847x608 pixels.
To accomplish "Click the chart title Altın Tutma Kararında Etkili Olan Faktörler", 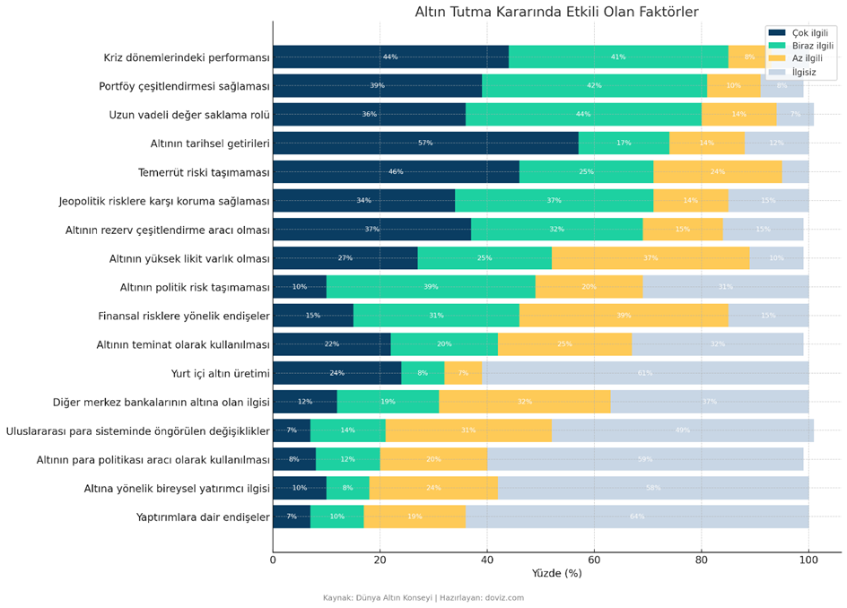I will pyautogui.click(x=556, y=12).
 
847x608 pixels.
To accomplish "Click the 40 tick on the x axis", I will pyautogui.click(x=487, y=560).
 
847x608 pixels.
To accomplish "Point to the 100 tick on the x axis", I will pyautogui.click(x=808, y=560).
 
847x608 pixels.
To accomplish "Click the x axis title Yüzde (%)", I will pyautogui.click(x=556, y=574).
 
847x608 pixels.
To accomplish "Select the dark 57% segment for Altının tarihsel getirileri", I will pyautogui.click(x=425, y=143).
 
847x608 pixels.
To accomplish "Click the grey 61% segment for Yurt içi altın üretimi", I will pyautogui.click(x=645, y=373).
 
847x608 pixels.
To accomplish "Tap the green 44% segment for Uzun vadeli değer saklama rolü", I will pyautogui.click(x=583, y=115).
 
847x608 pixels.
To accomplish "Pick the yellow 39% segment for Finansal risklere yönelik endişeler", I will pyautogui.click(x=624, y=316).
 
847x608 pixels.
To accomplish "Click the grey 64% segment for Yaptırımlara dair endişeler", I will pyautogui.click(x=637, y=517).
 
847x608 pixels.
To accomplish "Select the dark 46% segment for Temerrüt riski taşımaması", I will pyautogui.click(x=396, y=172).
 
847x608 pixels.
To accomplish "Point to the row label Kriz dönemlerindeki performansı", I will pyautogui.click(x=187, y=58).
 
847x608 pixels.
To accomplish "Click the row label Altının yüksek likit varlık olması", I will pyautogui.click(x=189, y=259).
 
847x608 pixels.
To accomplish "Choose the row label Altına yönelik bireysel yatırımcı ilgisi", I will pyautogui.click(x=177, y=489).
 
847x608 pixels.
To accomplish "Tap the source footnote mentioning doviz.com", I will pyautogui.click(x=423, y=598).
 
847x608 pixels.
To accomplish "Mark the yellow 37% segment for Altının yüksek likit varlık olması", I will pyautogui.click(x=651, y=258).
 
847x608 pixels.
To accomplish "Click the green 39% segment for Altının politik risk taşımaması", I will pyautogui.click(x=431, y=287).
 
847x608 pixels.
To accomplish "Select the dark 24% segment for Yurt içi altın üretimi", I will pyautogui.click(x=336, y=373).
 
